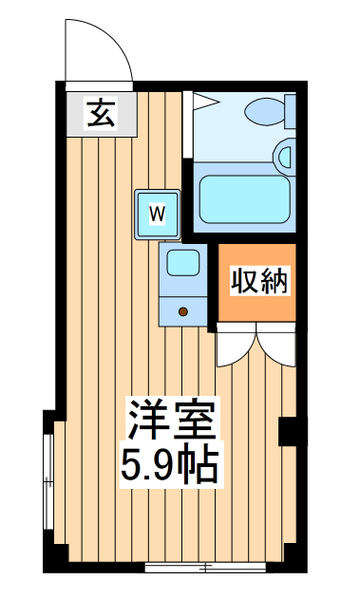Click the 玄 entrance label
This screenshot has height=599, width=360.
click(101, 113)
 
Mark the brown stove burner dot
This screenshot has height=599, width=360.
click(182, 309)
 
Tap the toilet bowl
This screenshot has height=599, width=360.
click(263, 112)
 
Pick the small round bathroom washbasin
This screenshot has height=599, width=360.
click(285, 154)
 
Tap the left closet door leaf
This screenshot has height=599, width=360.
click(235, 347)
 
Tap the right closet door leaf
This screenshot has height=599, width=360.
click(276, 347)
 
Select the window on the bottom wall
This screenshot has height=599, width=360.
click(205, 568)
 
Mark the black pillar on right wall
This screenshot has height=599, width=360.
click(288, 431)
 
